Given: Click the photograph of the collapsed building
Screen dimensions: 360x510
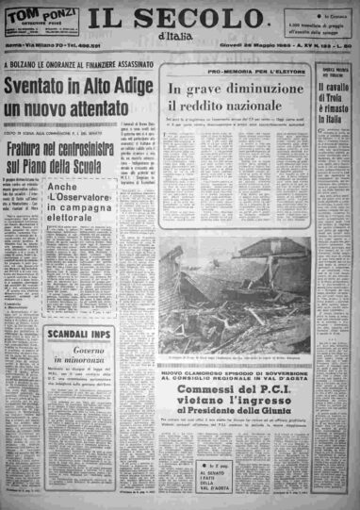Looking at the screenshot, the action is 236,292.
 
